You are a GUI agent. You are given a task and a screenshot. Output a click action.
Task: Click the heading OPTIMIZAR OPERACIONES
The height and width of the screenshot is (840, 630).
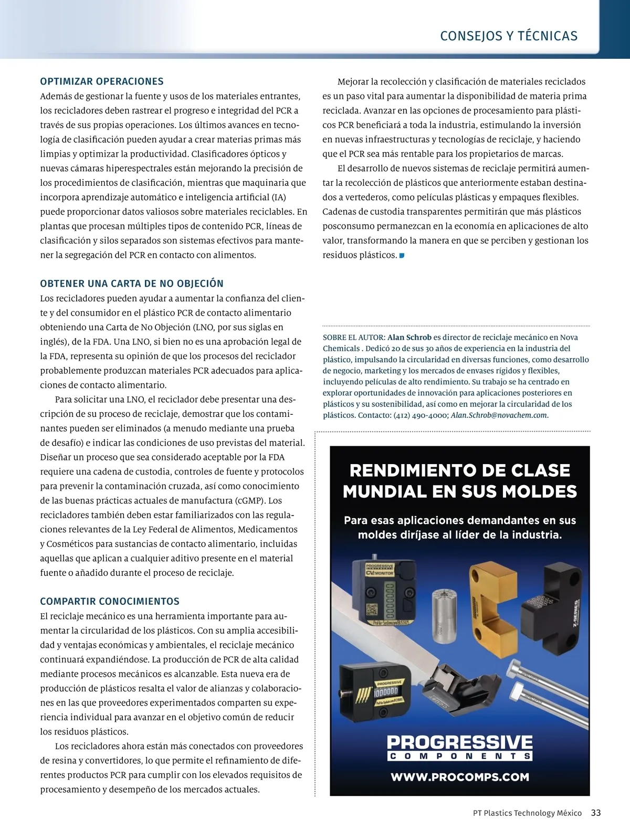point(102,81)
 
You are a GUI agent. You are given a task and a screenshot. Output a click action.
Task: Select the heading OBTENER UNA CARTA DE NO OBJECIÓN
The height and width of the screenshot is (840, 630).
point(132,283)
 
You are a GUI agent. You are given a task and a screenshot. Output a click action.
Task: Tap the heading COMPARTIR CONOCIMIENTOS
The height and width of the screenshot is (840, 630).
point(110,601)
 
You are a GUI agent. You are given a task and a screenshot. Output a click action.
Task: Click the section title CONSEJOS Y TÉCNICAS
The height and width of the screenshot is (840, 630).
point(508,36)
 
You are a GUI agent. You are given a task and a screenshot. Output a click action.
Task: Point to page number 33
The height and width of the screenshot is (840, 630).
point(595,813)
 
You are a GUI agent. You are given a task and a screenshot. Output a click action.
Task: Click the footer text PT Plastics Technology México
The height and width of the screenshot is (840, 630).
point(527,813)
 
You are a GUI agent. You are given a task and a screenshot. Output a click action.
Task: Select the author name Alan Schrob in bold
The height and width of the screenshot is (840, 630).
point(409,338)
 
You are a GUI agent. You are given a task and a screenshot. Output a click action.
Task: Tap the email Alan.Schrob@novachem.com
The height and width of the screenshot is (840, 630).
point(499,415)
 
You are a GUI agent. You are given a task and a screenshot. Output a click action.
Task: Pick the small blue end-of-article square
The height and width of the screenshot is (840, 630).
point(402,256)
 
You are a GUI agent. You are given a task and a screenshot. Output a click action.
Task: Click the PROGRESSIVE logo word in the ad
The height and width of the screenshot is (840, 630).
point(459,742)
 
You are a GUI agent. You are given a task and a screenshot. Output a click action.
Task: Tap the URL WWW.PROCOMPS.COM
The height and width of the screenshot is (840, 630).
point(459,777)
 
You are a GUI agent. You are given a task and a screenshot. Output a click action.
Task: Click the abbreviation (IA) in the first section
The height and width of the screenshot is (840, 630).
point(279,197)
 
